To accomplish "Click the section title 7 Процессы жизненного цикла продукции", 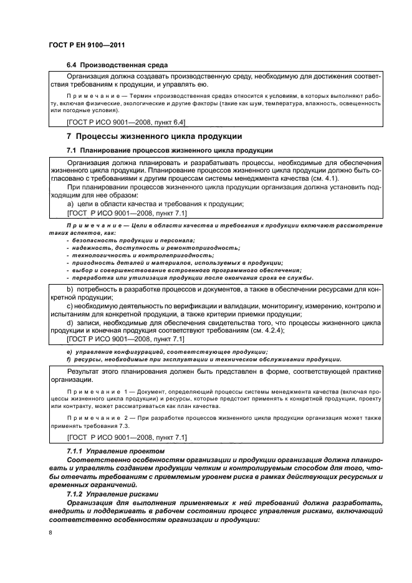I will [154, 136].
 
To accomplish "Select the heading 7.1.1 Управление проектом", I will [115, 450].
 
